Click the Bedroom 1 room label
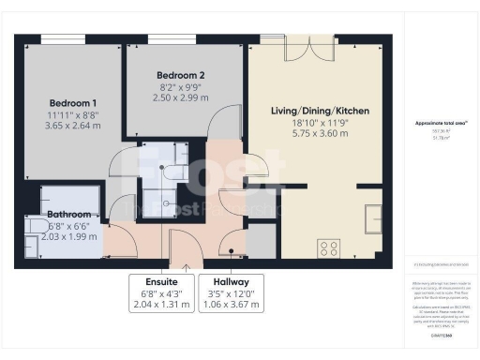[73, 102]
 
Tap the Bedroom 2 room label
[180, 74]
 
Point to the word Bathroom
[68, 215]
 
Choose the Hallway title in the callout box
[230, 281]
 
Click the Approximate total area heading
[442, 124]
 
